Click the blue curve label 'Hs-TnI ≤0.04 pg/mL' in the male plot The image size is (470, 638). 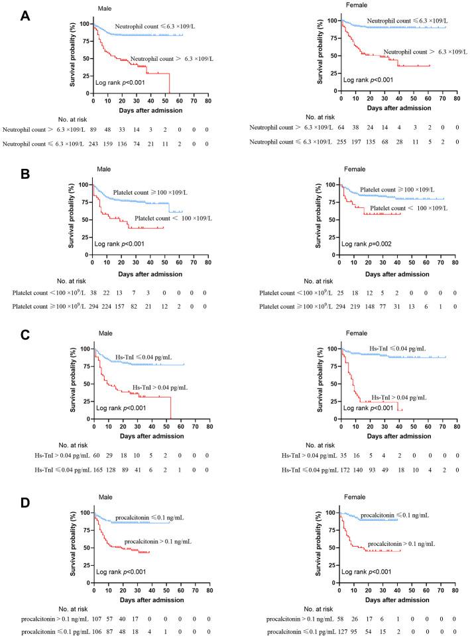(x=143, y=356)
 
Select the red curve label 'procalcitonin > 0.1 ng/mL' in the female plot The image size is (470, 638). (x=402, y=543)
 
